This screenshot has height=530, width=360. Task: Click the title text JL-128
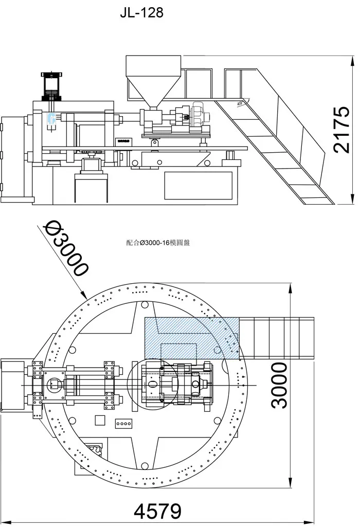(x=141, y=12)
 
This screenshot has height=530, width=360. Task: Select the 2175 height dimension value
(x=341, y=130)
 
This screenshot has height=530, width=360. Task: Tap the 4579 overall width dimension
(x=158, y=511)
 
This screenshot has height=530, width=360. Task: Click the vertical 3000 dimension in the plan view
(x=279, y=385)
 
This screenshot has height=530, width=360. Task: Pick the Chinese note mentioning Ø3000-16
(x=158, y=243)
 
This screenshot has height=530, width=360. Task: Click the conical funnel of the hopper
(x=153, y=92)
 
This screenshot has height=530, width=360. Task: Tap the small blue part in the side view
(x=51, y=119)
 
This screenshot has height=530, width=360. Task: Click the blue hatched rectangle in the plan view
(x=191, y=337)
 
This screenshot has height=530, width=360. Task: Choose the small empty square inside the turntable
(x=100, y=421)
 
